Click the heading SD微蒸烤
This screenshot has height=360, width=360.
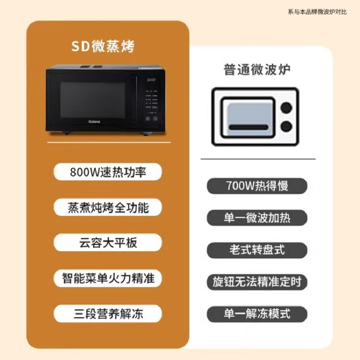tap(103, 46)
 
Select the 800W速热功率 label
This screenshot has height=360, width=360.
tap(108, 172)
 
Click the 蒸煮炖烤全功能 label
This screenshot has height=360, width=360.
tap(108, 207)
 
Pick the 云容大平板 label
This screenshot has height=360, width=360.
tap(108, 243)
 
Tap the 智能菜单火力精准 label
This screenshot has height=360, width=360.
tap(108, 278)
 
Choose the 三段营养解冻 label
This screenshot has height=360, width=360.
tap(108, 313)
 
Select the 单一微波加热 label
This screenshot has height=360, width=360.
tap(257, 218)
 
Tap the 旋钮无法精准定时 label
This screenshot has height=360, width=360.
tap(257, 282)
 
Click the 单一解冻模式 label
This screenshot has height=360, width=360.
tap(257, 314)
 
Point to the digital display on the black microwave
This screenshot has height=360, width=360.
tap(151, 80)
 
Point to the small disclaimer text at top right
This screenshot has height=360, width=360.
tap(317, 12)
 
